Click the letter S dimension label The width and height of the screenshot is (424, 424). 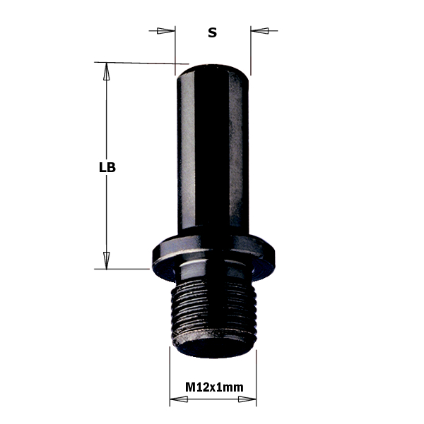213,32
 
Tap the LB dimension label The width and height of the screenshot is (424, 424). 107,168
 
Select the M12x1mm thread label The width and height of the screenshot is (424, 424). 214,387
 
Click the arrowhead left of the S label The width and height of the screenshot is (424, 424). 165,31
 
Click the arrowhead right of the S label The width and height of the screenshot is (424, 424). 259,31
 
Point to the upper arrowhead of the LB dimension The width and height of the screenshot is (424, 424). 107,71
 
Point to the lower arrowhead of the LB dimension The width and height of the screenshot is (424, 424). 107,260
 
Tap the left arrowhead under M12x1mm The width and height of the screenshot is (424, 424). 179,399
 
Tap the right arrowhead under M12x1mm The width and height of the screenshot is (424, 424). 247,399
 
